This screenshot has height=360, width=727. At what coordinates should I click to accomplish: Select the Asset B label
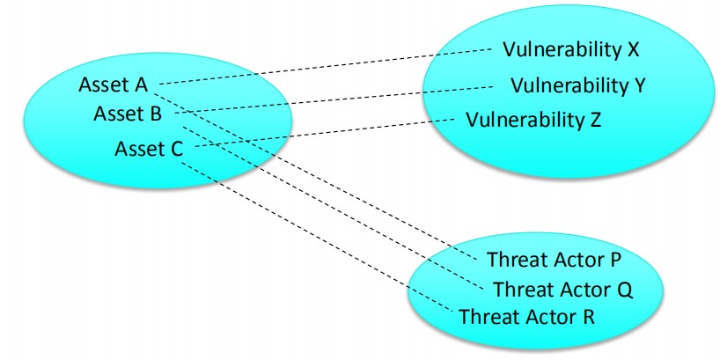[127, 114]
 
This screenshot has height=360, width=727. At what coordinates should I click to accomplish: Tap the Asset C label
[149, 147]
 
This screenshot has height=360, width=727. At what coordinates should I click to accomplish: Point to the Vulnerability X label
[570, 49]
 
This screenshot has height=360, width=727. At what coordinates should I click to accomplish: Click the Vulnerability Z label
[533, 119]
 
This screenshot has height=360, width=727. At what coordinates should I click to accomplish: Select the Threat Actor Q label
[564, 288]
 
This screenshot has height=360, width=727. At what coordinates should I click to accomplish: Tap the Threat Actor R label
[527, 315]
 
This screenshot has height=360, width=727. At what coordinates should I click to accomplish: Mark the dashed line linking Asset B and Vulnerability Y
[343, 99]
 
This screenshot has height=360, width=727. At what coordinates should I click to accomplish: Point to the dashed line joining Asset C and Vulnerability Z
[326, 132]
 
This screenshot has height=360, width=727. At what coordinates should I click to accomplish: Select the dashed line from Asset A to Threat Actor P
[317, 170]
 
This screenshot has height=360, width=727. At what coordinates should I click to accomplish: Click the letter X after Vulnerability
[633, 49]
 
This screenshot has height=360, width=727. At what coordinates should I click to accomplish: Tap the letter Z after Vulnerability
[596, 119]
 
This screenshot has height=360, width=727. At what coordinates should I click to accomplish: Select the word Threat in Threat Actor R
[487, 315]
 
